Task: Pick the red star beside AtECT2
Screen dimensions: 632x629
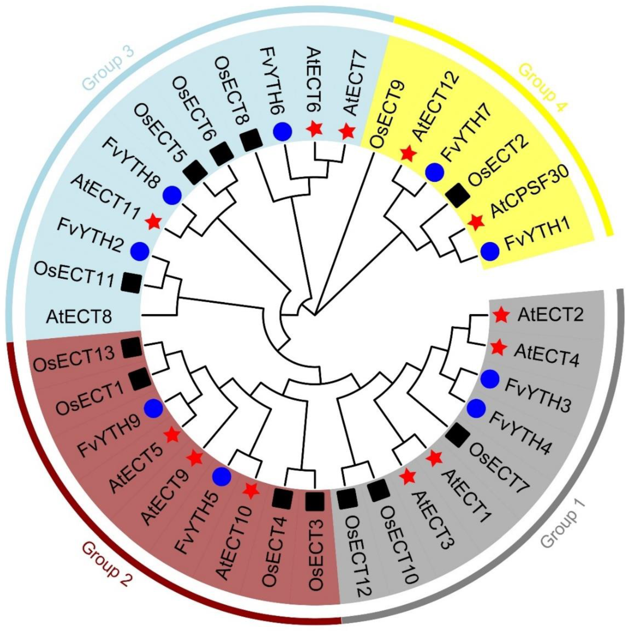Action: (501, 315)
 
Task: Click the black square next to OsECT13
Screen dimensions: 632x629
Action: (131, 348)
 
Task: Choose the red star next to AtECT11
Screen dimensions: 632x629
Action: (154, 222)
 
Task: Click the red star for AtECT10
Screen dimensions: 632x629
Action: (251, 490)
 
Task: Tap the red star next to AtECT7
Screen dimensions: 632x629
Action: (347, 132)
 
